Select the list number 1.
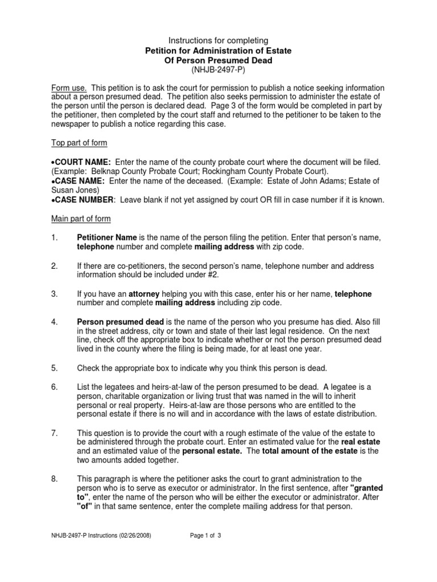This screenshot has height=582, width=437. point(54,238)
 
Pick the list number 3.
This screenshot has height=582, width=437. point(54,294)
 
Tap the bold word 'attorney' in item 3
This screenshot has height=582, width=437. point(145,294)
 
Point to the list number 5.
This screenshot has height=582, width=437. point(54,368)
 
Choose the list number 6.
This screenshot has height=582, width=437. point(54,387)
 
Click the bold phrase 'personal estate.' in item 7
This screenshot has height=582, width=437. point(211,451)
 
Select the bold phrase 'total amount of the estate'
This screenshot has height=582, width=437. point(316,451)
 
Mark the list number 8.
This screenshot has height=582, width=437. point(54,479)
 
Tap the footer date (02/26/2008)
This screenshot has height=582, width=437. point(133,535)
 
